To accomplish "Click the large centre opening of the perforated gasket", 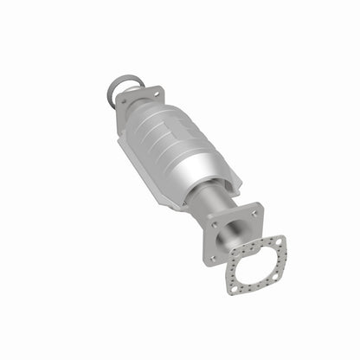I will click(x=259, y=260).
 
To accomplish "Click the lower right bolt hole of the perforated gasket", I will click(x=275, y=276).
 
